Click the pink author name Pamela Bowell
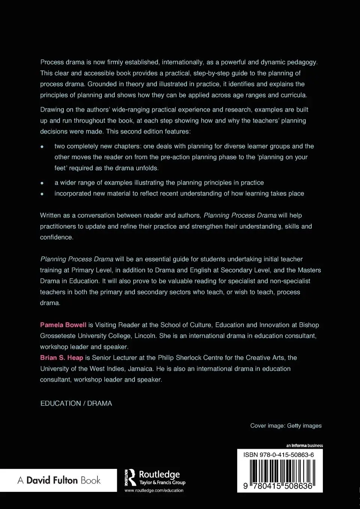coord(63,325)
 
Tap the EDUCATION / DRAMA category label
coord(76,403)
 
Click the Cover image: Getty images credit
coord(286,426)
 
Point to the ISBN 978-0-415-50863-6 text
coord(279,455)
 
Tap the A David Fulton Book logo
coord(59,480)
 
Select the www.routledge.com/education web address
coord(154,490)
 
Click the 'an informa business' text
coord(304,445)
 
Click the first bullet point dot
coord(42,146)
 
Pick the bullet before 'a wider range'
coord(42,183)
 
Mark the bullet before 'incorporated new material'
coord(42,194)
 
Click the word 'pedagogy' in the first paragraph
coord(300,62)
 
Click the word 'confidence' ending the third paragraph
coord(56,237)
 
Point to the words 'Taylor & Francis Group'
coord(162,482)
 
